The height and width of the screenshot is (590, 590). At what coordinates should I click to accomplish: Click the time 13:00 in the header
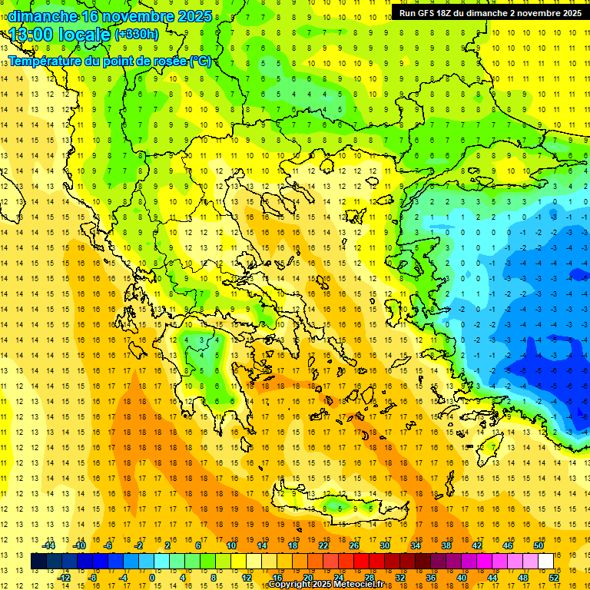[32, 35]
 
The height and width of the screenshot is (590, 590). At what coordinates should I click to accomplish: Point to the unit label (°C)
[201, 61]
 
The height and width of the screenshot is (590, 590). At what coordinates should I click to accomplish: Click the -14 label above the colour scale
[50, 545]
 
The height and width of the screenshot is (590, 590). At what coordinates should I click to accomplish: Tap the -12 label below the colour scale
[65, 577]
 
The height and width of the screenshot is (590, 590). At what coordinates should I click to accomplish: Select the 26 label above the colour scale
[354, 545]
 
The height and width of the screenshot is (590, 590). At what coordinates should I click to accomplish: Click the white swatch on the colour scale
[545, 562]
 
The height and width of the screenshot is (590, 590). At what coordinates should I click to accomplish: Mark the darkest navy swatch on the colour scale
[38, 562]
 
